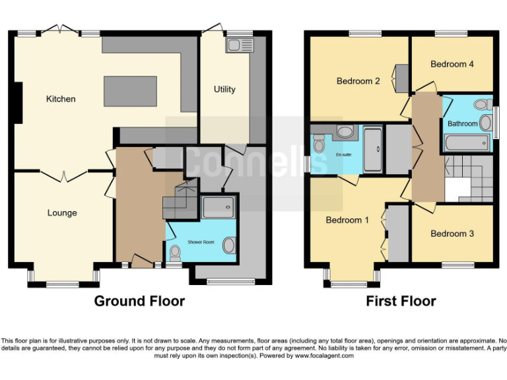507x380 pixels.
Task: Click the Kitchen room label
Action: click(x=61, y=99)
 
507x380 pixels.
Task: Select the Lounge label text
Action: click(x=62, y=213)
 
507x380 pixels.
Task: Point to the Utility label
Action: click(x=224, y=89)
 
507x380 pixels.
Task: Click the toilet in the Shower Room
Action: click(x=175, y=251)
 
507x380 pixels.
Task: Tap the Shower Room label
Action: click(x=201, y=242)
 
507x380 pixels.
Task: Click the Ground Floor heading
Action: click(x=139, y=301)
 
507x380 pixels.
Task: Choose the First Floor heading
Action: click(x=401, y=301)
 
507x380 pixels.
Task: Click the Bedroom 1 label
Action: click(x=347, y=220)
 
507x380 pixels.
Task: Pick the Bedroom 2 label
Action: click(x=358, y=82)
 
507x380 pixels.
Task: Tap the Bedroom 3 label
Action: click(x=452, y=234)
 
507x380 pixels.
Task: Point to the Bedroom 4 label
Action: click(x=452, y=64)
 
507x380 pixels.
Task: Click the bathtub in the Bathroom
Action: click(x=467, y=142)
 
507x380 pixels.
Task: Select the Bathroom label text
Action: click(x=462, y=123)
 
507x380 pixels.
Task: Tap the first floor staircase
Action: click(x=468, y=179)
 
